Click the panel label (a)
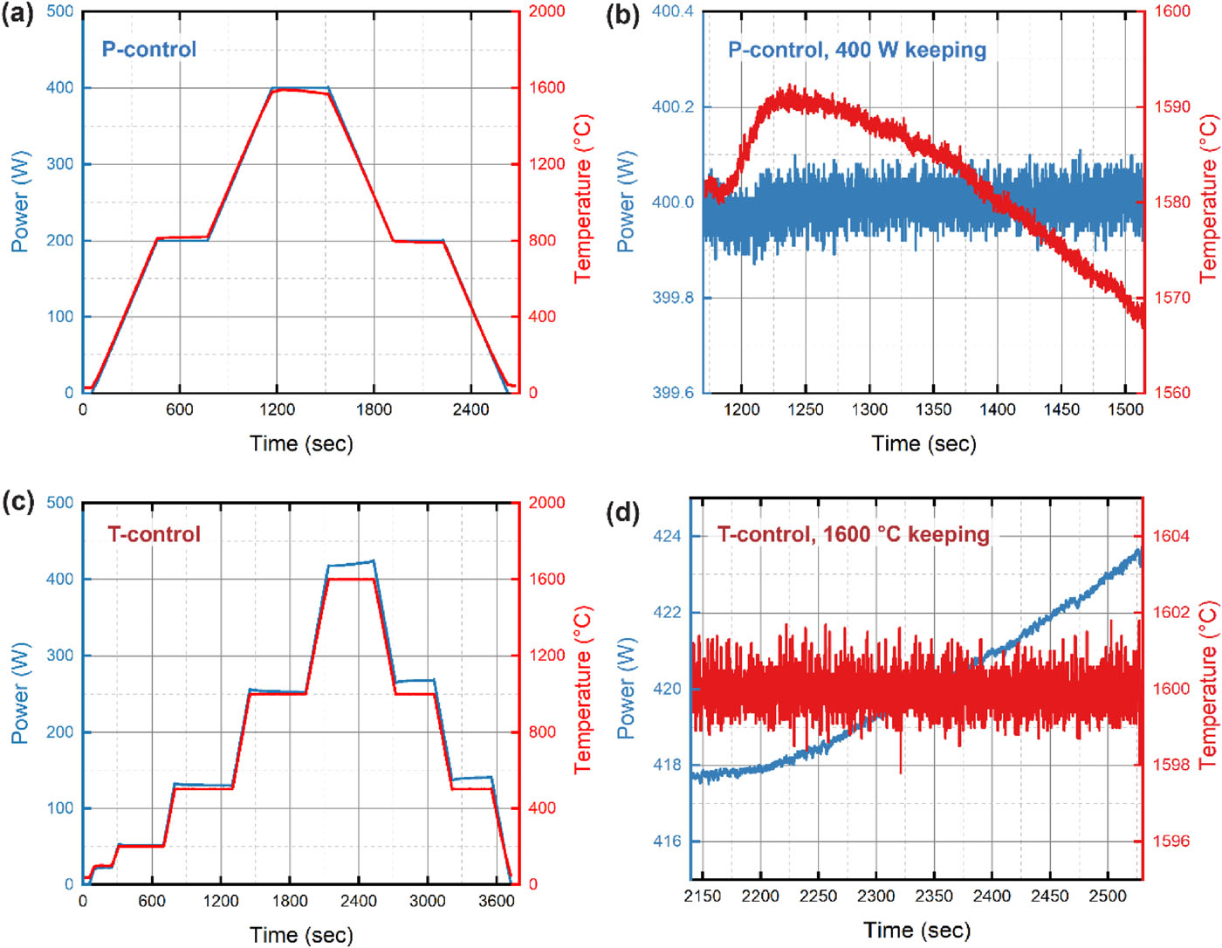click(17, 16)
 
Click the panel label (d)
click(623, 512)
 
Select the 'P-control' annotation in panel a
click(149, 49)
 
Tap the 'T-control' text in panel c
click(154, 534)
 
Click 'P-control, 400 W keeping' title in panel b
click(857, 50)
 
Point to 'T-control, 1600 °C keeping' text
click(853, 534)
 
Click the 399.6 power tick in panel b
click(672, 393)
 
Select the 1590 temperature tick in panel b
click(1173, 106)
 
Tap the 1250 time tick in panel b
click(805, 409)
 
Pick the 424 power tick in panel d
click(667, 536)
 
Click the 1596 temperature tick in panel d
click(1171, 841)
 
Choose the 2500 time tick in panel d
click(1107, 896)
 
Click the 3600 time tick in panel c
click(496, 901)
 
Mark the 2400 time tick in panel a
click(470, 409)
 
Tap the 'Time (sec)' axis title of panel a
click(301, 443)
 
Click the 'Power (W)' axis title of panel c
click(18, 693)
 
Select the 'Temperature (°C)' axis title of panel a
click(582, 199)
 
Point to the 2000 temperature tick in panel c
click(546, 503)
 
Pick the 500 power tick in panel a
click(59, 11)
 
